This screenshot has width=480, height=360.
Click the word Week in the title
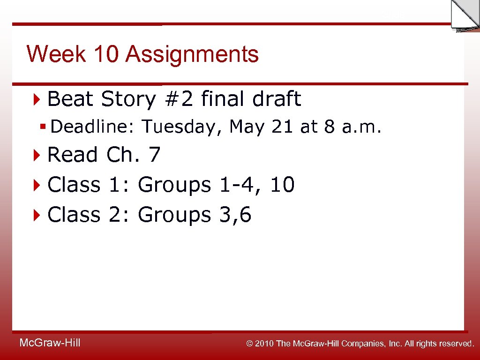pyautogui.click(x=56, y=54)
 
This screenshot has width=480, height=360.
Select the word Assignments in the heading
pyautogui.click(x=192, y=54)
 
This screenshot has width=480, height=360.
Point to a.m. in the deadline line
pyautogui.click(x=361, y=127)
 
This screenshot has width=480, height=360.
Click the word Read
pyautogui.click(x=73, y=155)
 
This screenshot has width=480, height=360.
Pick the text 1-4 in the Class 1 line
pyautogui.click(x=238, y=185)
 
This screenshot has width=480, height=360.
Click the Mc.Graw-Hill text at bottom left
pyautogui.click(x=50, y=343)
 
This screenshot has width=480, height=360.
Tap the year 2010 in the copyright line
pyautogui.click(x=265, y=344)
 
